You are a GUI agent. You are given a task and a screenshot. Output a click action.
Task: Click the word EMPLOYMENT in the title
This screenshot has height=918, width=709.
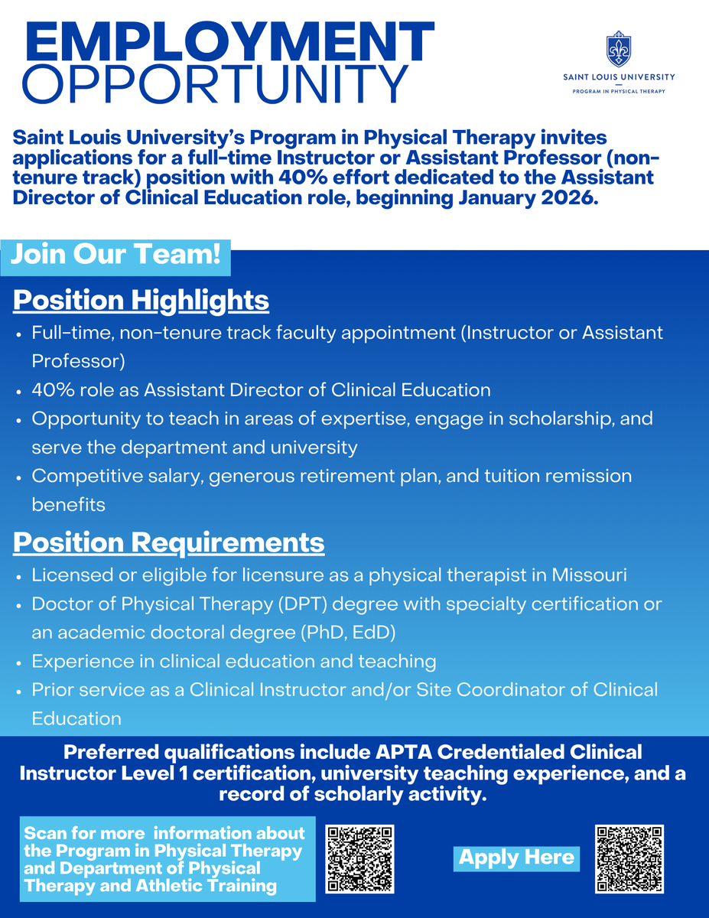(x=223, y=43)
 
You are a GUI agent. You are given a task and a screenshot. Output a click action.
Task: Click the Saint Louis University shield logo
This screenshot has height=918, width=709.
(x=619, y=50)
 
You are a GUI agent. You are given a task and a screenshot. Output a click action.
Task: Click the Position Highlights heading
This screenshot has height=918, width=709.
(x=141, y=301)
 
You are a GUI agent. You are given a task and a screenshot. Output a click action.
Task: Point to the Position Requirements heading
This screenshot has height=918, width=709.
(x=168, y=542)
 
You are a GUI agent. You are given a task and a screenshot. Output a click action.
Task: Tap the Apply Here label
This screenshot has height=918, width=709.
(x=516, y=858)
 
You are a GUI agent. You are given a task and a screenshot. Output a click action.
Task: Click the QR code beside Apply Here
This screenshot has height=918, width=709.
(x=629, y=859)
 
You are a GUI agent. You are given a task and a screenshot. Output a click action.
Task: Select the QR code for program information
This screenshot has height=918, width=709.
(x=360, y=859)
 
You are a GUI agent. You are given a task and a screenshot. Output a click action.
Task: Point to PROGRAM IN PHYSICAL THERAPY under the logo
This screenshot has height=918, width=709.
(x=619, y=91)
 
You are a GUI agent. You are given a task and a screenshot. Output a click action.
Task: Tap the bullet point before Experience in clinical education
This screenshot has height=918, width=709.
(x=18, y=662)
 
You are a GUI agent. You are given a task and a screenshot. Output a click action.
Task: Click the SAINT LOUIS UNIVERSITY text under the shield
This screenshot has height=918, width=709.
(x=619, y=77)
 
